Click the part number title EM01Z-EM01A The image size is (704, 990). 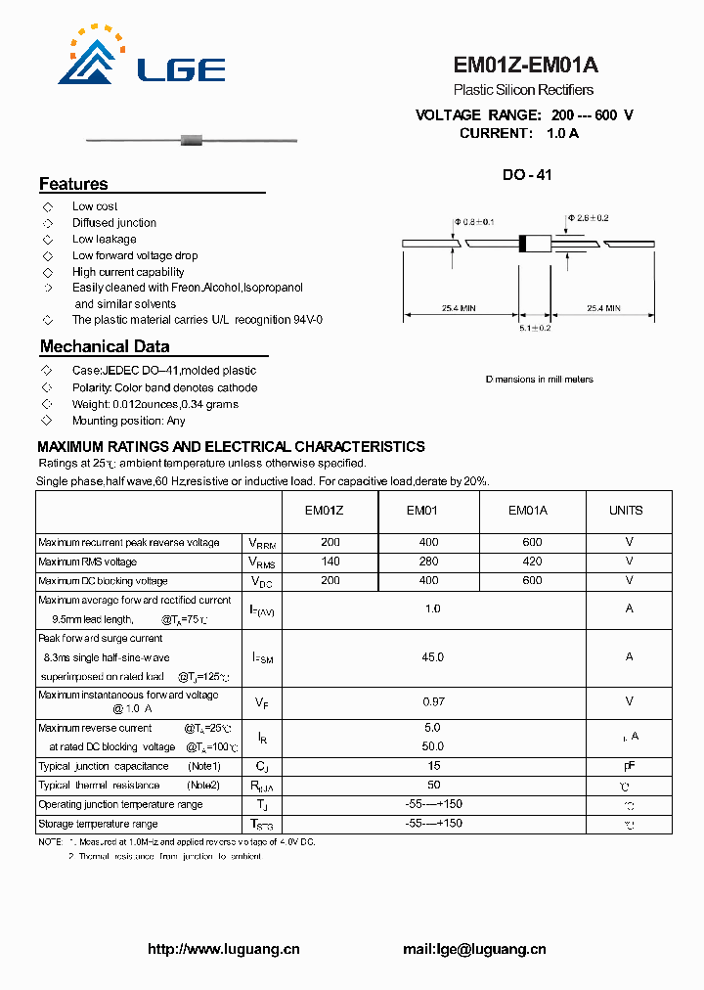pos(525,66)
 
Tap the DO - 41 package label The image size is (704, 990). pos(527,175)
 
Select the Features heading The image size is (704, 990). pos(73,184)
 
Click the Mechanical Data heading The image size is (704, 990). pos(104,346)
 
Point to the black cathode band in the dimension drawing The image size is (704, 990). pos(523,244)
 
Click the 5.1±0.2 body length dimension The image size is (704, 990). pos(535,328)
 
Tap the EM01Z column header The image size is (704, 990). pos(324,511)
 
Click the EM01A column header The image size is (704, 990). pos(528,511)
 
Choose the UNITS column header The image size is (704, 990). pos(626,511)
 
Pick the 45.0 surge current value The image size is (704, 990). pos(432,657)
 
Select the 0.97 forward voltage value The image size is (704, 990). pos(432,701)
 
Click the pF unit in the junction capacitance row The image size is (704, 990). pos(629,766)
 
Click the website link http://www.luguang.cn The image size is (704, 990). pos(224,949)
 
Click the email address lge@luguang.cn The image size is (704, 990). pos(474,949)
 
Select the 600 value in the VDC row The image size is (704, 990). pos(532,580)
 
